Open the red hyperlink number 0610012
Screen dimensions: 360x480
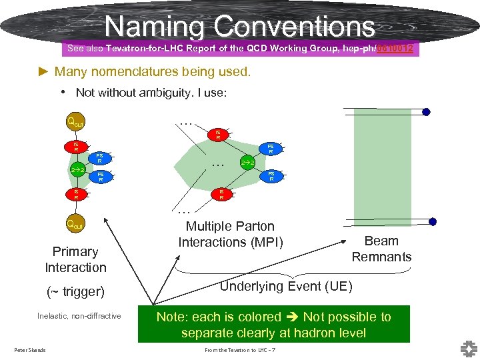397,48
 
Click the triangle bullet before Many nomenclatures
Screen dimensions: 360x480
45,71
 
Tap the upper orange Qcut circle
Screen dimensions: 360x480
74,121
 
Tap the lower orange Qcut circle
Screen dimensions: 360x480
74,224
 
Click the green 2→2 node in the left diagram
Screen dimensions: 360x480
77,170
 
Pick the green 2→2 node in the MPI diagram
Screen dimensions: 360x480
247,162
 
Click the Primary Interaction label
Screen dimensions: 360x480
75,259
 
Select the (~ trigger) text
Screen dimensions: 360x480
75,291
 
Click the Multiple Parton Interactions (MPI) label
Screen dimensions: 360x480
230,234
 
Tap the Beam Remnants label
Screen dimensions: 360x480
381,249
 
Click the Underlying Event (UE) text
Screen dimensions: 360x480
286,286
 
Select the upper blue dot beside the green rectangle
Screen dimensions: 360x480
426,112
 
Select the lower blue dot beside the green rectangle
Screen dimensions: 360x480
433,221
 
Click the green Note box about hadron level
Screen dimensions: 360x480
273,325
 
